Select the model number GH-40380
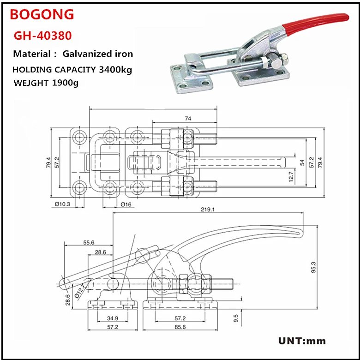tap(42, 35)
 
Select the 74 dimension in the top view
tap(188, 118)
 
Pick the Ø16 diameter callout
tap(126, 204)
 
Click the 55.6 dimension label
tap(89, 242)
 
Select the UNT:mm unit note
tap(302, 342)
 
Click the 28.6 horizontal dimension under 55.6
tap(100, 252)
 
